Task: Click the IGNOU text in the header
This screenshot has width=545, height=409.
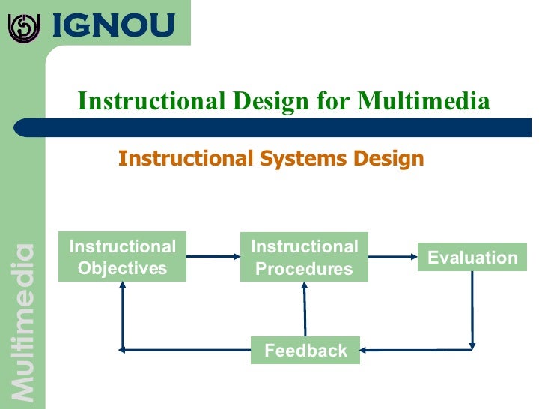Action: (112, 26)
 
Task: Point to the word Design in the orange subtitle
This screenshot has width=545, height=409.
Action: (389, 159)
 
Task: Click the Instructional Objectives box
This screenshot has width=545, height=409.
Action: (122, 257)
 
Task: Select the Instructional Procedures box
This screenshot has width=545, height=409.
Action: (304, 257)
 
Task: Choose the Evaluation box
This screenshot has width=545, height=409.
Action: (472, 258)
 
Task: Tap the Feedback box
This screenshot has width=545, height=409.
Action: (305, 350)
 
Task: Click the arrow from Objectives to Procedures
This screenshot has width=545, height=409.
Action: (213, 257)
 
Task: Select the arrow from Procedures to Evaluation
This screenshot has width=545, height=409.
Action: (392, 257)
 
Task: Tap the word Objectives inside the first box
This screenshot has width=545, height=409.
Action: (122, 268)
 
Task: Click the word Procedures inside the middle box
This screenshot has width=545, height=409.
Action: (304, 269)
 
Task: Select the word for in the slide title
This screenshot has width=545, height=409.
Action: (334, 100)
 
